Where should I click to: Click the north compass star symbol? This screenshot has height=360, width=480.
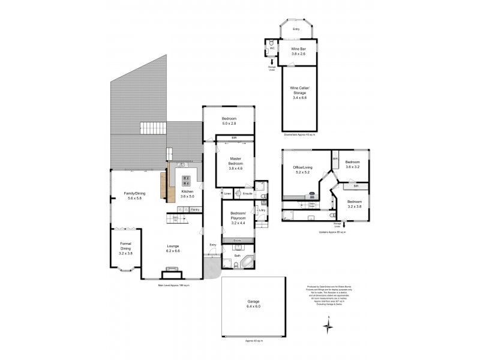328,328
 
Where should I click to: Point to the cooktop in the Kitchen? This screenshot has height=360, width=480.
186,178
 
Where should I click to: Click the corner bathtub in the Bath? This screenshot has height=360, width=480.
247,262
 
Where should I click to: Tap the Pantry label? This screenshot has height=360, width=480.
194,209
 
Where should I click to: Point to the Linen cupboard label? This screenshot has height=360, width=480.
227,194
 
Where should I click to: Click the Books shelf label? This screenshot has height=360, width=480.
237,240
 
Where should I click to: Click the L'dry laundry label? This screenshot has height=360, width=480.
262,209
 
